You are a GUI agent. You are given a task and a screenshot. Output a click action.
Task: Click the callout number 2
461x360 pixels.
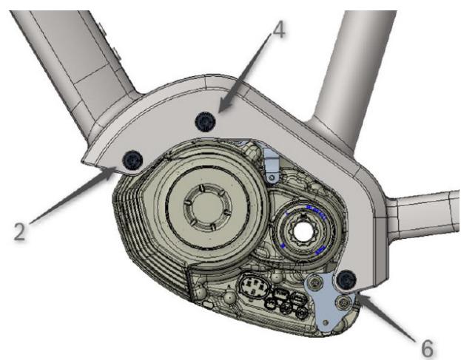click(20, 231)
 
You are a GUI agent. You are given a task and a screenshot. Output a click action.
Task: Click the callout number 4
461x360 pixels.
click(277, 30)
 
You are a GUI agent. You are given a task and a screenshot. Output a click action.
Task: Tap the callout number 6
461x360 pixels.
click(427, 348)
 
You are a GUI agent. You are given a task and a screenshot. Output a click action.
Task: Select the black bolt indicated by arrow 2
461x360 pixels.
click(132, 160)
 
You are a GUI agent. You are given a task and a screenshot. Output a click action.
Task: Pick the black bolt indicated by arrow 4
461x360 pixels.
click(205, 121)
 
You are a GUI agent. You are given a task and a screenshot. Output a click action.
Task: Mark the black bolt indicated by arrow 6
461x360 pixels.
click(347, 279)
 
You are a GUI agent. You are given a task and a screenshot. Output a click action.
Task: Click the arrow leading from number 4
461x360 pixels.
click(245, 72)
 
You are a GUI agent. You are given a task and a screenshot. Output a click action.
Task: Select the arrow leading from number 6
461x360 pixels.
click(387, 317)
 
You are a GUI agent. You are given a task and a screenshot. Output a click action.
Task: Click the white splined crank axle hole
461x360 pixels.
click(302, 230)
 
